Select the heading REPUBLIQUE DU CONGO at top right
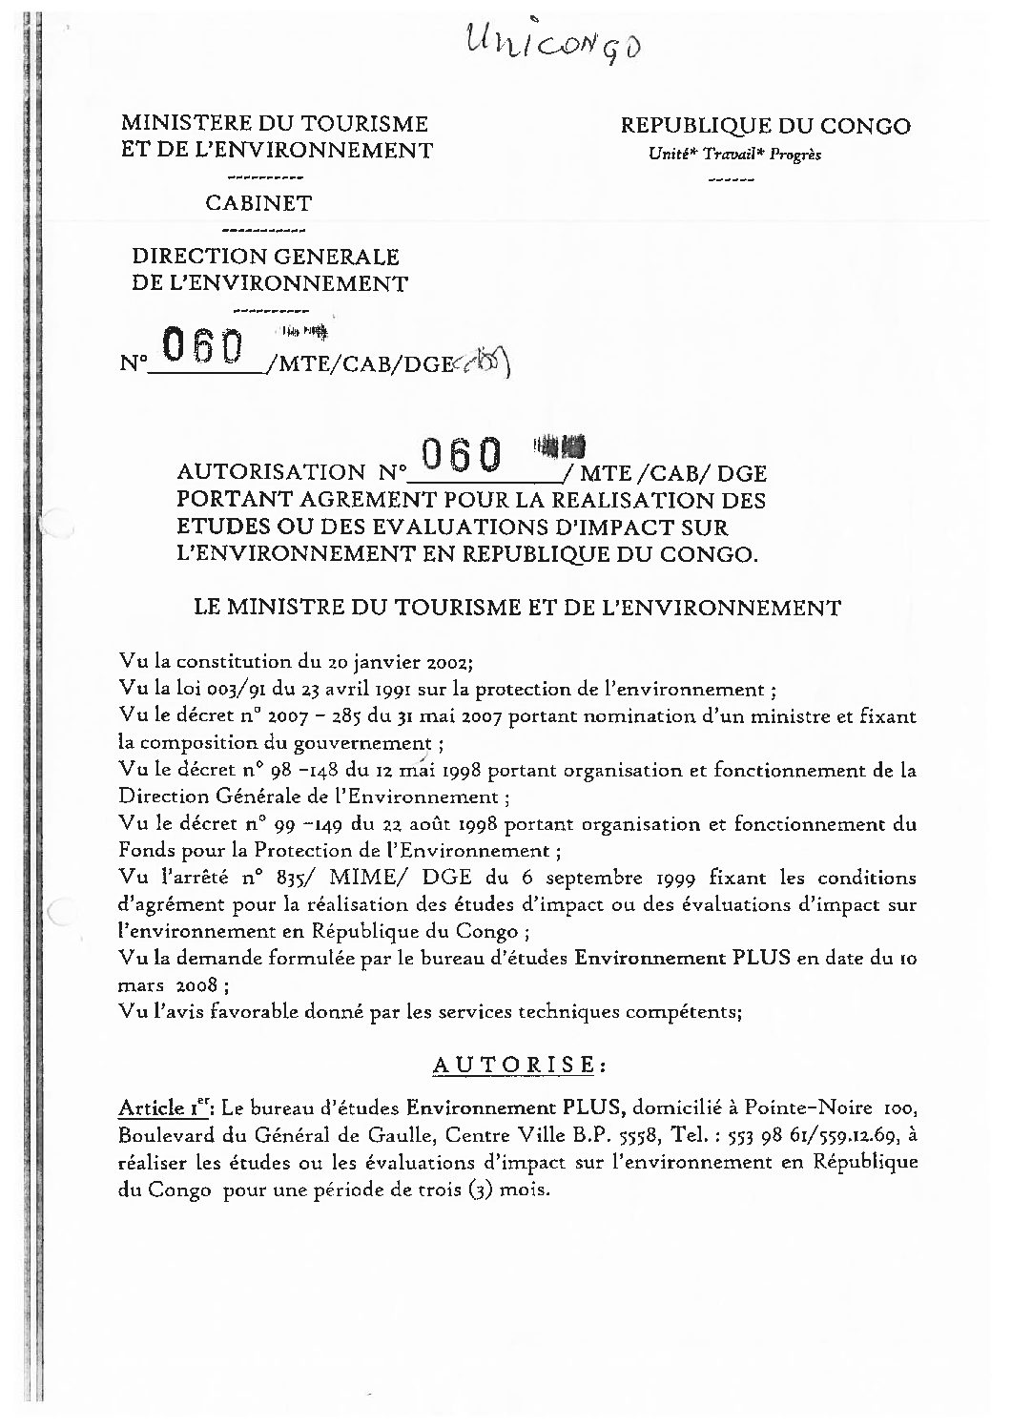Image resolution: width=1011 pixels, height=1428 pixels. pyautogui.click(x=765, y=126)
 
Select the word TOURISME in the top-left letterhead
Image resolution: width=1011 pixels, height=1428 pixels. pyautogui.click(x=362, y=124)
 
